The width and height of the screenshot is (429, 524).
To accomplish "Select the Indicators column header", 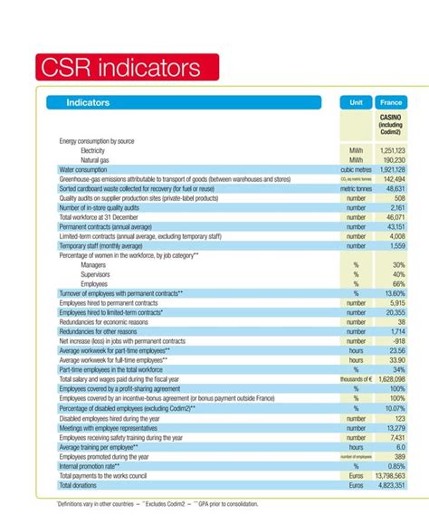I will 89,103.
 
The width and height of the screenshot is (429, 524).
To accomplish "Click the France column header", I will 392,103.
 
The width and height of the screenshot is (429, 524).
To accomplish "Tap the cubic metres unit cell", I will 356,169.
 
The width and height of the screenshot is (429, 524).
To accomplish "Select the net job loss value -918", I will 396,340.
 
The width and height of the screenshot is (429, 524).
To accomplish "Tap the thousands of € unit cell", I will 356,378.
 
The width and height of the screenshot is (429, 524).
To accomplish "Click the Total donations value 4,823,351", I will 387,485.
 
